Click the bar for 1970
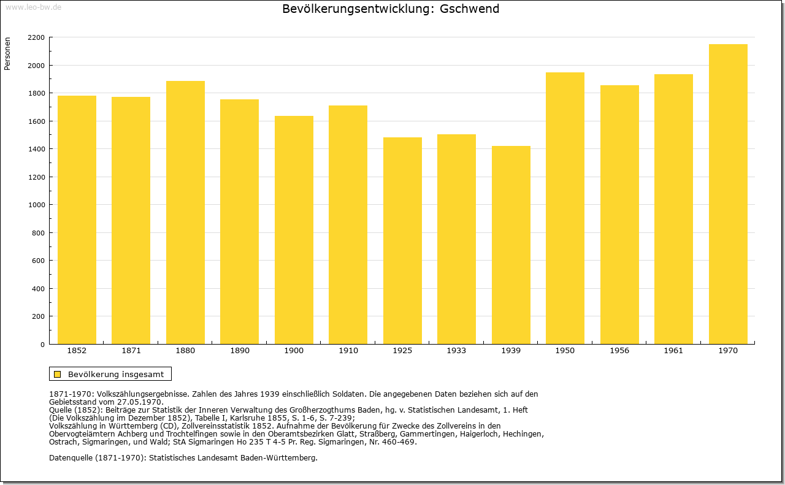point(728,194)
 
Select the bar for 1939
point(511,245)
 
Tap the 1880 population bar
point(185,213)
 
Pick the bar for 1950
point(565,208)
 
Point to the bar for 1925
point(402,241)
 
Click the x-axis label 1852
point(77,351)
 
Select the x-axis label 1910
point(348,351)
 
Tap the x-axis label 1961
point(673,351)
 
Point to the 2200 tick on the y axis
point(36,37)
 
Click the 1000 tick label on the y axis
point(36,205)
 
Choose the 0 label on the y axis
point(42,345)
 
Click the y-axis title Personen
point(7,54)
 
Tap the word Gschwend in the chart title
point(469,9)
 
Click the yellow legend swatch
point(58,374)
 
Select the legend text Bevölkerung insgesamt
point(116,374)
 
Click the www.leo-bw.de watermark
point(33,7)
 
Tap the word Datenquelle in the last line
point(71,458)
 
